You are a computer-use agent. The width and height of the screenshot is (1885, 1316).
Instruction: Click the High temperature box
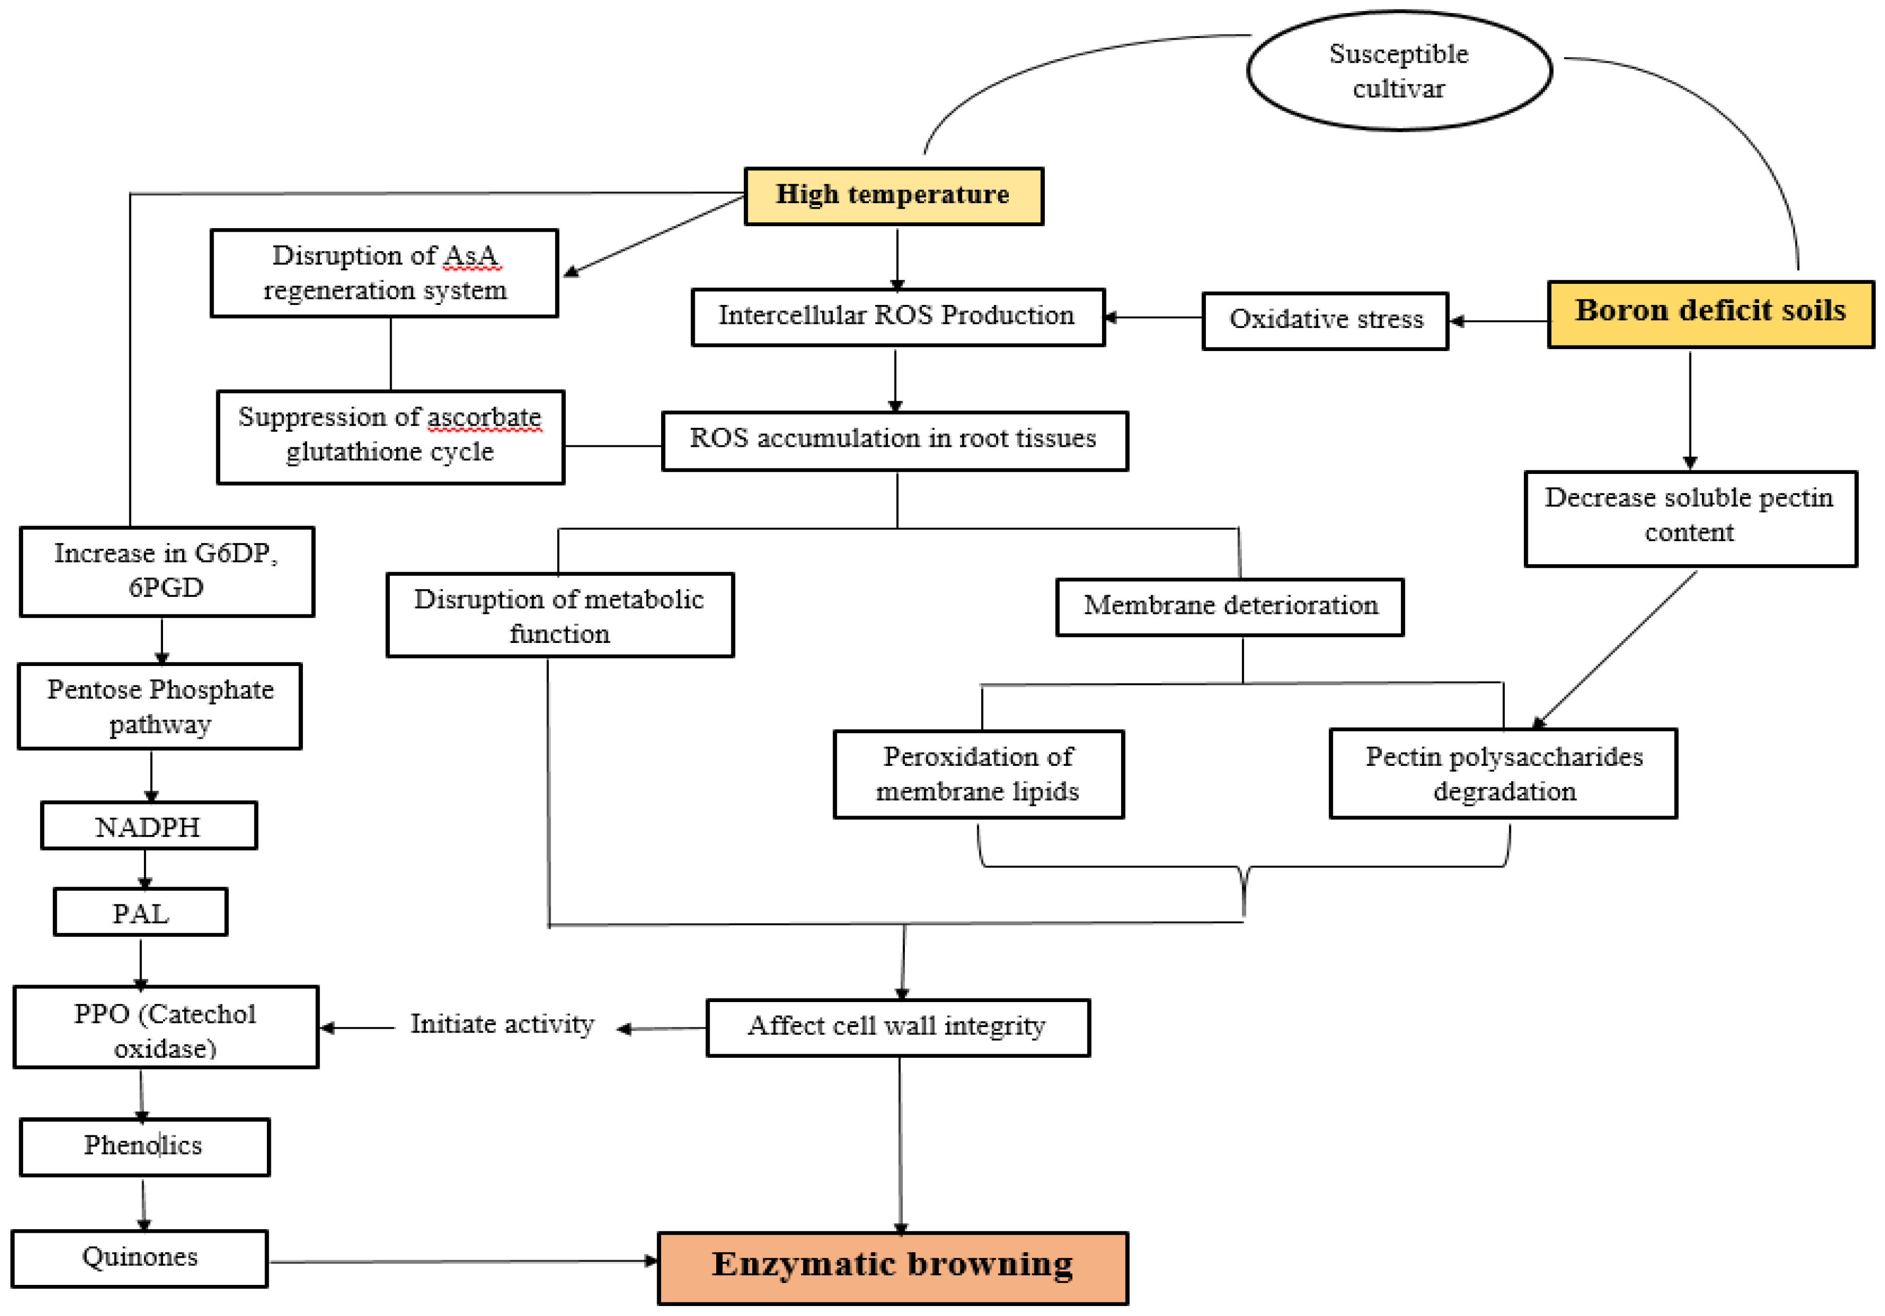coord(893,196)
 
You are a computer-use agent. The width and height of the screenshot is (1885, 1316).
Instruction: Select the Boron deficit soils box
coord(1710,313)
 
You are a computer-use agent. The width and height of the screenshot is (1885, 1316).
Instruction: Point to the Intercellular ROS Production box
coord(897,317)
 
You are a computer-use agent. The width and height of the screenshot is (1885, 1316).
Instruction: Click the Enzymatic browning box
coord(892,1267)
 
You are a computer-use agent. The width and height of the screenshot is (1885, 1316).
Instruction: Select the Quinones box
coord(139,1258)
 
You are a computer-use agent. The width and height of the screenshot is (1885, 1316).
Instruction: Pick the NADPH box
coord(148,826)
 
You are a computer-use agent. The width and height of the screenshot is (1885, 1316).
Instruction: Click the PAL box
coord(140,912)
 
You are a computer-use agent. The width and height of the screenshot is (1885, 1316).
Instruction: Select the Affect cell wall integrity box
coord(897,1027)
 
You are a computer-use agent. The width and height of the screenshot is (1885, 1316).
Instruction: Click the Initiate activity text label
coord(502,1025)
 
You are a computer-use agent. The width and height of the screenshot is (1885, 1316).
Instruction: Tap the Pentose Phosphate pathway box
coord(160,706)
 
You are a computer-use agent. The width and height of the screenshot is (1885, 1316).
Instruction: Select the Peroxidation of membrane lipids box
coord(978,774)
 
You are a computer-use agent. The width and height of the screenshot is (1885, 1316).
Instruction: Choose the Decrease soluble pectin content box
coord(1689,518)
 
